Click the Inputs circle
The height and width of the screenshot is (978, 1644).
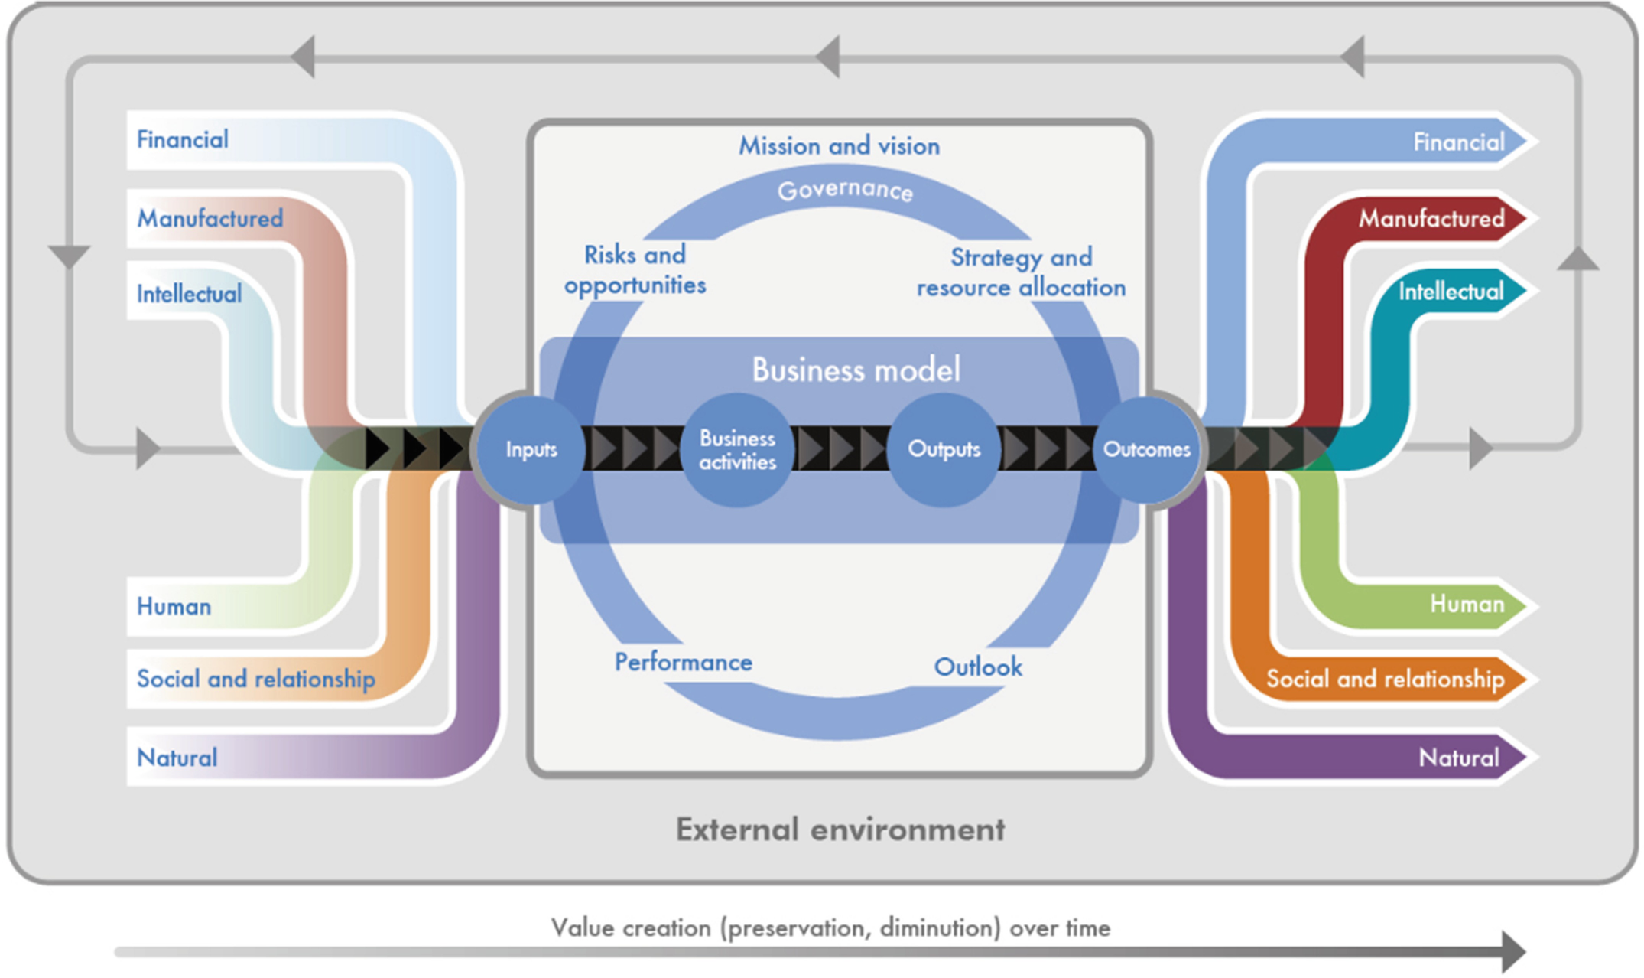[x=531, y=449]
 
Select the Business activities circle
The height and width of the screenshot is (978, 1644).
[x=737, y=450]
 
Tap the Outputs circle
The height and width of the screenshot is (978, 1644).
[x=944, y=449]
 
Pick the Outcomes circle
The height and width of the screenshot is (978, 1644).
[x=1146, y=449]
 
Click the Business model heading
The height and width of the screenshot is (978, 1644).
[x=856, y=370]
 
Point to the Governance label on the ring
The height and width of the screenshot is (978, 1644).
[x=845, y=190]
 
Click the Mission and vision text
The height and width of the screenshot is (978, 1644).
[x=839, y=145]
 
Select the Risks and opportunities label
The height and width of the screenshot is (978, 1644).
[x=635, y=269]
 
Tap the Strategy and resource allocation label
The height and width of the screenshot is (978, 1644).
[x=1021, y=272]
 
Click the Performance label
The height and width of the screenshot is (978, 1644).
[x=683, y=662]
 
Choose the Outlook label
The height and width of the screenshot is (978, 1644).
[x=978, y=667]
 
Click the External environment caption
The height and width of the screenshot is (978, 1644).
[x=840, y=830]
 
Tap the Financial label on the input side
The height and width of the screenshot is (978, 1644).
[x=182, y=139]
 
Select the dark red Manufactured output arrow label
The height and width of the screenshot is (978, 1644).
[x=1431, y=219]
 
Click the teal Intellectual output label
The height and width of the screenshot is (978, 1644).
[x=1451, y=291]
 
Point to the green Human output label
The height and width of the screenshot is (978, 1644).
[x=1467, y=605]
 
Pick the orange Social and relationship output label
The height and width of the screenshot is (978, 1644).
[x=1385, y=679]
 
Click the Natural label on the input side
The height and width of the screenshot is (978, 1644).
[x=177, y=758]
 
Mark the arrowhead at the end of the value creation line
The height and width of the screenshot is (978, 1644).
[x=1512, y=951]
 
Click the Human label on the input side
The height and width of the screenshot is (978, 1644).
[x=174, y=606]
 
